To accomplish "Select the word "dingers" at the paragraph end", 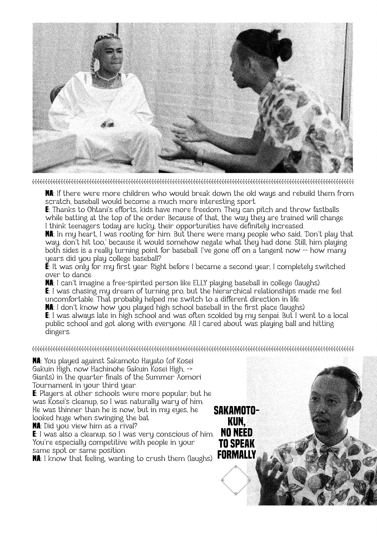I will click(58, 332).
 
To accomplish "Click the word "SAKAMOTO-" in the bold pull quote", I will click(236, 411).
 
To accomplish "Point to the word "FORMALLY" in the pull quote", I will click(237, 455).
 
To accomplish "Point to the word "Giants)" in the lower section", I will click(42, 377).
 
